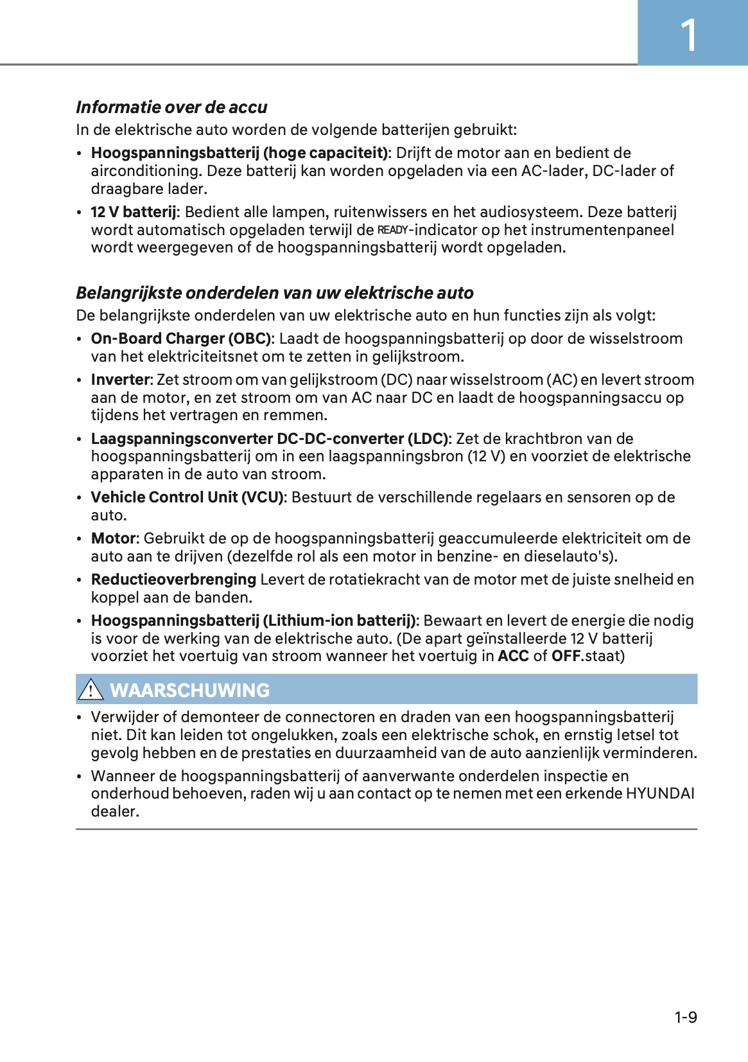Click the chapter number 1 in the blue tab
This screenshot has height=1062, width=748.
[x=688, y=35]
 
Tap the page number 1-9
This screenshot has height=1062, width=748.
[x=686, y=1017]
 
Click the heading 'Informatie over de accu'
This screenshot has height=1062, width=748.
[x=171, y=107]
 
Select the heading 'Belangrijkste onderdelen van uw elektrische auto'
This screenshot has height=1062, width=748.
[x=275, y=293]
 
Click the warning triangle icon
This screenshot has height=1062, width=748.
[x=91, y=689]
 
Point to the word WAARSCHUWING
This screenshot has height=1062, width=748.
[x=190, y=690]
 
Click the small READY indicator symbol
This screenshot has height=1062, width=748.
[x=392, y=230]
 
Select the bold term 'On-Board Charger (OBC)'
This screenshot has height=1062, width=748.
[x=181, y=339]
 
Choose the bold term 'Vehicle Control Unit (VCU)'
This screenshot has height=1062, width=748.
[x=187, y=497]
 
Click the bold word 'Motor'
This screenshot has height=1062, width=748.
[x=114, y=538]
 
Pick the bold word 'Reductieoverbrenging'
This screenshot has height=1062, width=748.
[x=173, y=580]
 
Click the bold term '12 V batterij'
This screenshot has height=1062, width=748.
[x=134, y=212]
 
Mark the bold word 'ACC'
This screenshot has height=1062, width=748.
[x=513, y=656]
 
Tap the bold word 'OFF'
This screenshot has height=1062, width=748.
[x=566, y=656]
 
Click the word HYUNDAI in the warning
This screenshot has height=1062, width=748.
[x=660, y=793]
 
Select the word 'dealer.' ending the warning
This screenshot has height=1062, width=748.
[x=115, y=811]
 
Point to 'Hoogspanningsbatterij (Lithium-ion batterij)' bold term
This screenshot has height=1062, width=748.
[x=254, y=621]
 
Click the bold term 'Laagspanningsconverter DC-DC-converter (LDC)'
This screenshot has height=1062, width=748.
[x=270, y=439]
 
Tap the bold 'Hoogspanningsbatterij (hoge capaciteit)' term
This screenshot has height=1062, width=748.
[x=239, y=153]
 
